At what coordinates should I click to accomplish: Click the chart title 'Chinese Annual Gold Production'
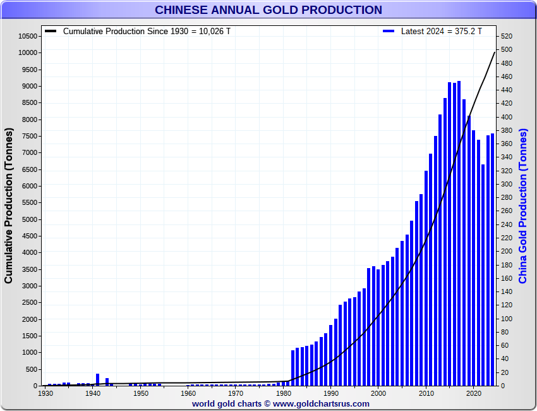coord(268,10)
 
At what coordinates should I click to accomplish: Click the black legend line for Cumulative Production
coord(51,31)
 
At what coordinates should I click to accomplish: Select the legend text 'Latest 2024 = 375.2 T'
coord(442,31)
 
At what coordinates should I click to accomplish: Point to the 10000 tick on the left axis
coord(28,53)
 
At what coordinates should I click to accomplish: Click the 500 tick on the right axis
coord(507,50)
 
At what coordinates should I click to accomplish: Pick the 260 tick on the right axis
coord(507,211)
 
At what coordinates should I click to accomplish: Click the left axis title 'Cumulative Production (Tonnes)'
coord(9,205)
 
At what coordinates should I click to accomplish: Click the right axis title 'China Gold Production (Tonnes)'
coord(523,205)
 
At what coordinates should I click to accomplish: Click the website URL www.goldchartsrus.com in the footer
coord(321,403)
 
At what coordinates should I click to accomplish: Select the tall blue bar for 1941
coord(98,379)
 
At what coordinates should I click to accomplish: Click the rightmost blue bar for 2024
coord(493,259)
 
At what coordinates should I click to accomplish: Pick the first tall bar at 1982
coord(293,368)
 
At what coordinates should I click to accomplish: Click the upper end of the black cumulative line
coord(495,52)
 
